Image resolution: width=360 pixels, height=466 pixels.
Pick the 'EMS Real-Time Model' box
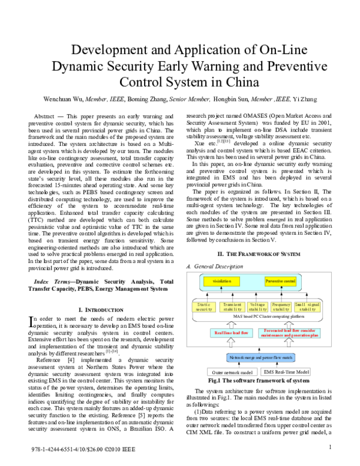tap(286, 372)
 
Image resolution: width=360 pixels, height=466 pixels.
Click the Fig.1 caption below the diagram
tap(258, 381)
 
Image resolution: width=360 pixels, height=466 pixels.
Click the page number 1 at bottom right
tap(330, 447)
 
